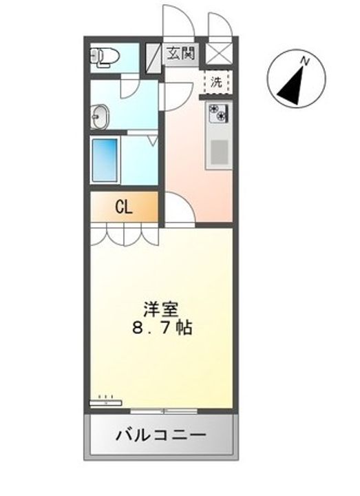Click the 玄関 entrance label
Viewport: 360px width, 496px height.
pos(180,53)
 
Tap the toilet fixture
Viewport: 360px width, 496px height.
pos(105,57)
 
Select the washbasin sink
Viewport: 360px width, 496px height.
pos(100,116)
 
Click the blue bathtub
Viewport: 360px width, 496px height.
pos(105,161)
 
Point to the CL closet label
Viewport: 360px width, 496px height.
pos(124,207)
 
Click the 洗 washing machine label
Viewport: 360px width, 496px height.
pos(217,82)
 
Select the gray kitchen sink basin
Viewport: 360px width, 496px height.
pos(220,152)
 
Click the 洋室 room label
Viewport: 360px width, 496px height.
pos(161,309)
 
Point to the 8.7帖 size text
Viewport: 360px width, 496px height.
pos(162,329)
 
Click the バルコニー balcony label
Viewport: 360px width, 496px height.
pos(161,435)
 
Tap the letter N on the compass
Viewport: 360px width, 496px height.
pos(305,61)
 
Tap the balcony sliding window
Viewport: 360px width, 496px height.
pos(164,411)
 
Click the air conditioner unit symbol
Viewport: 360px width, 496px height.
pos(106,402)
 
